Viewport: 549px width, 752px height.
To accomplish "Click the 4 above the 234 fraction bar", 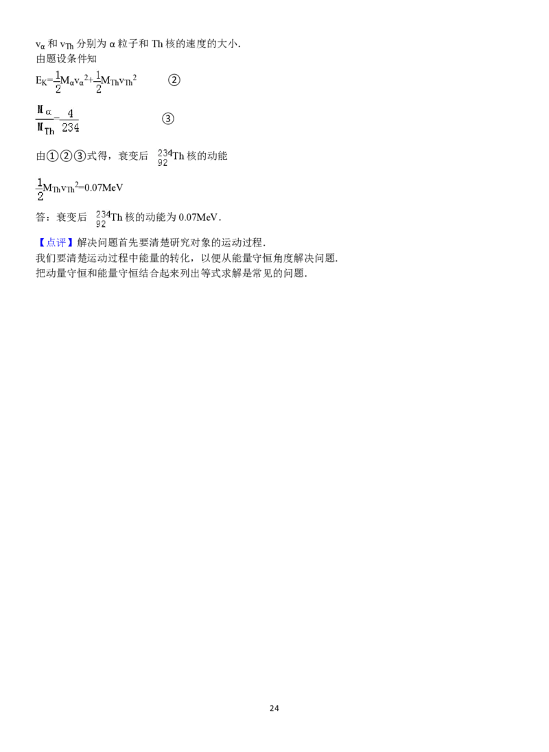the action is point(70,114).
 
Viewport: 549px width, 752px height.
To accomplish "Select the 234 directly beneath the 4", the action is point(70,128).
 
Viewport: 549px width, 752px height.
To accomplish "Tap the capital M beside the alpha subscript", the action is point(40,109).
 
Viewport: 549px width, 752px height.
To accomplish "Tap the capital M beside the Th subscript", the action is point(40,127).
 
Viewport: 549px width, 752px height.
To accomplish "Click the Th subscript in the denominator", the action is point(49,130).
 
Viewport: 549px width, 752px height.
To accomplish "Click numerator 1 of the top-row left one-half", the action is point(58,74).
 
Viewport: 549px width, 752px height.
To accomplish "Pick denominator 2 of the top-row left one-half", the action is point(58,89).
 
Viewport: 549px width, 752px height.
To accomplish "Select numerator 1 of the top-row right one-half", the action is point(98,74).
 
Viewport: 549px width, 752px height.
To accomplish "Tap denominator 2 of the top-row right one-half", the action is point(99,89).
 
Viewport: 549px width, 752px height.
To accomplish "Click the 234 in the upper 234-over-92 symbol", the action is point(163,153).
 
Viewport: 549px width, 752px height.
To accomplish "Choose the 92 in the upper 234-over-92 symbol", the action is point(162,163).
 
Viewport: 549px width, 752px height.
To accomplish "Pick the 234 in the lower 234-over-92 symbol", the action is point(102,214).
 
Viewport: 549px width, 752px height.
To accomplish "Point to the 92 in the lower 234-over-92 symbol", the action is point(101,224).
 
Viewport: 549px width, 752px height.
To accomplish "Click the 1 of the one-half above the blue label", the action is point(39,182).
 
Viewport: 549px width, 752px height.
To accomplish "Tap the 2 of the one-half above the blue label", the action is point(40,196).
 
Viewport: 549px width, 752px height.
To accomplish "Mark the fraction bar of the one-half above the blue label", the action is point(39,189).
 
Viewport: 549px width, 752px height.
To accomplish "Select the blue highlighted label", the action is point(57,242).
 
